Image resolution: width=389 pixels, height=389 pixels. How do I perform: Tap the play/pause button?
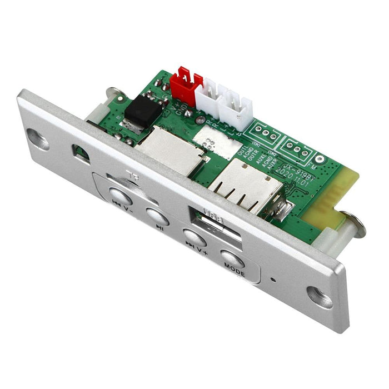pyautogui.click(x=157, y=215)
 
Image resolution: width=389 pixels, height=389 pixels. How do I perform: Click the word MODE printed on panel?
pyautogui.click(x=234, y=266)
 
